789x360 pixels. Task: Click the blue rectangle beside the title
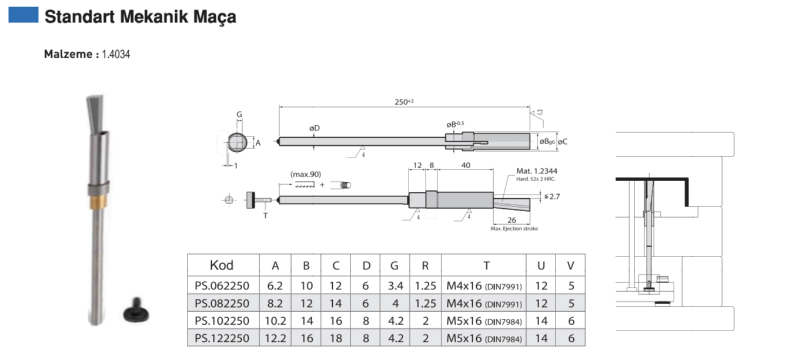tap(24, 15)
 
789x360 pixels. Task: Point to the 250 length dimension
tap(404, 102)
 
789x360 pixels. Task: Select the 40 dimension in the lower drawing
tap(465, 166)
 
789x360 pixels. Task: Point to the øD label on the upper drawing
tap(314, 128)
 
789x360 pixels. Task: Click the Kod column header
tap(222, 265)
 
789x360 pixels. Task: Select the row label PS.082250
tap(222, 304)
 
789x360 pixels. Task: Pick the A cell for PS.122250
tap(275, 338)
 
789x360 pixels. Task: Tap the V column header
tap(570, 265)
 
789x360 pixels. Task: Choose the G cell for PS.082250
tap(394, 304)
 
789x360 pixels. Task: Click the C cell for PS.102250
tap(336, 321)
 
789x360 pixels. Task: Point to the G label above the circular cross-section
tap(239, 115)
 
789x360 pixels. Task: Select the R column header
tap(425, 265)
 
